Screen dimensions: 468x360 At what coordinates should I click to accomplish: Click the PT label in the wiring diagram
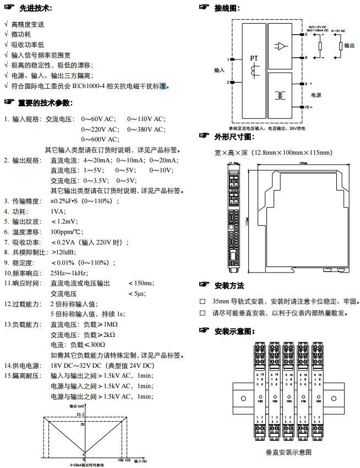254,58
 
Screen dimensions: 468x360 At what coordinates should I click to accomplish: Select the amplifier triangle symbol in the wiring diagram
281,46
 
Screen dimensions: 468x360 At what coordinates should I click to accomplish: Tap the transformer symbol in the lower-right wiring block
281,95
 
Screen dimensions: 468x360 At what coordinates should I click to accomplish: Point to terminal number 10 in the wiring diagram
308,107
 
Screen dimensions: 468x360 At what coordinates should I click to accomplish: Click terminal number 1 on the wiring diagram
227,59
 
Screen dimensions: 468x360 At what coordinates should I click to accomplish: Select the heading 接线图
227,8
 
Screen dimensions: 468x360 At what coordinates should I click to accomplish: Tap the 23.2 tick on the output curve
79,413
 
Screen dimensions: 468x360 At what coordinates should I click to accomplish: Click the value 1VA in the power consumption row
58,211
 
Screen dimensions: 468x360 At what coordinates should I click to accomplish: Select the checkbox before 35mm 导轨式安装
203,302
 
